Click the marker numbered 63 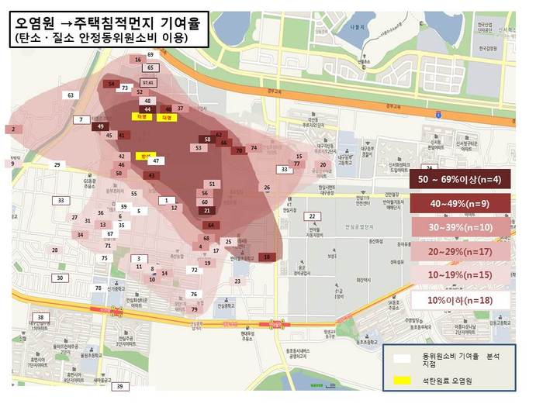(71, 95)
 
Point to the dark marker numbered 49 (100, 126)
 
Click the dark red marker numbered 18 (268, 257)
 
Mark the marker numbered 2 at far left (12, 129)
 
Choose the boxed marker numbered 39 (119, 386)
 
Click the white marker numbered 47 (156, 160)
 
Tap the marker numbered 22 (311, 216)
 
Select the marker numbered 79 (195, 309)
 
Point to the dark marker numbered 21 (206, 210)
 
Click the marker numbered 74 (254, 147)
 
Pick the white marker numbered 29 (57, 165)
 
